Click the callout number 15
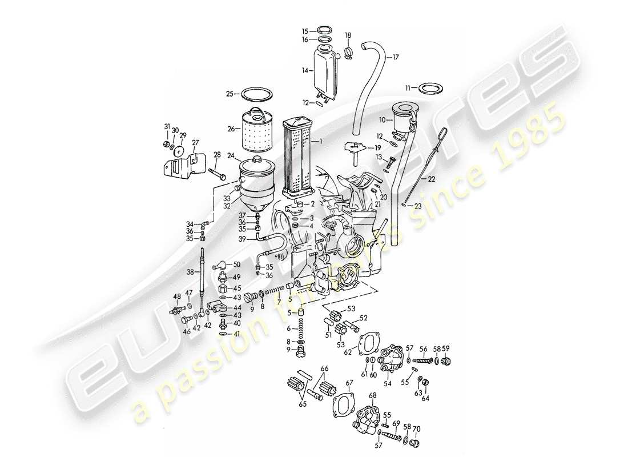tap(305, 30)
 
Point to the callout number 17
tap(396, 57)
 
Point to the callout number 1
tap(321, 141)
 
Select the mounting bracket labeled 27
tap(182, 164)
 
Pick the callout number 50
tap(236, 264)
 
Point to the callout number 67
tap(349, 382)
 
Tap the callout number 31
tap(167, 126)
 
